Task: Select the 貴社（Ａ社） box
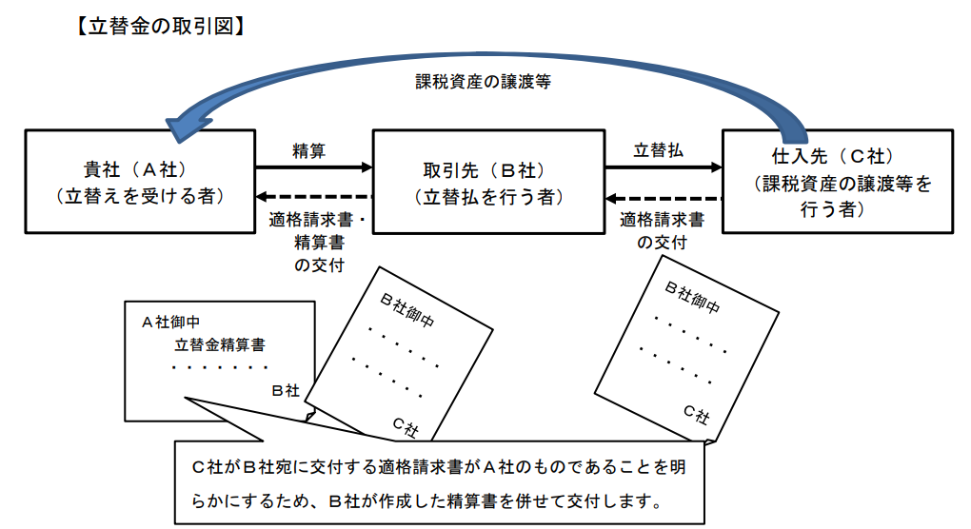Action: pos(140,182)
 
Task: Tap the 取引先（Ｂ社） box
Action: pos(488,182)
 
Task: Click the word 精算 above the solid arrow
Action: pos(308,150)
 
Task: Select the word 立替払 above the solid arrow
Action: pos(659,150)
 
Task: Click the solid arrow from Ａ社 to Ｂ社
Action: pos(313,167)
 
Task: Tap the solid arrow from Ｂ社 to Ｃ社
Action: pos(664,167)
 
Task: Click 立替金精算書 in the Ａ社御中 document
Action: pos(220,344)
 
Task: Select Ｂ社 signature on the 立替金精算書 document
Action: pos(285,389)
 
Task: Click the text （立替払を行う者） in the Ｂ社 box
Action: pos(488,198)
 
